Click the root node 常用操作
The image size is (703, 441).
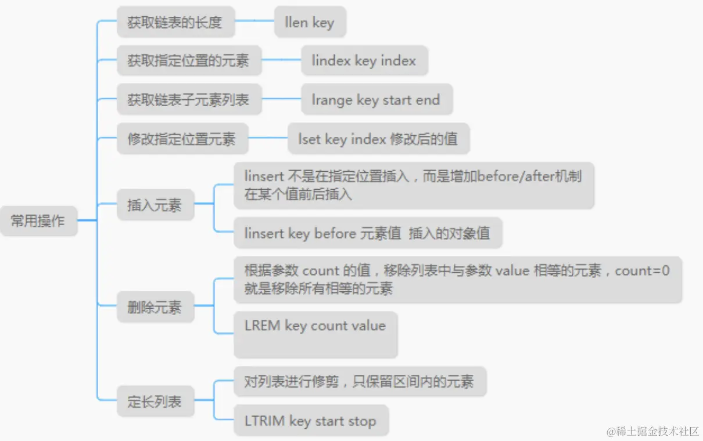click(x=38, y=221)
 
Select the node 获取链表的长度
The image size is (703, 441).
click(x=175, y=23)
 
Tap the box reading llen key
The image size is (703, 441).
click(x=310, y=23)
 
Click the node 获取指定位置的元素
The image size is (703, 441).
click(x=188, y=60)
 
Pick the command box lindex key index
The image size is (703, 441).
click(x=364, y=60)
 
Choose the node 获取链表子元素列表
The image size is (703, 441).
click(x=188, y=99)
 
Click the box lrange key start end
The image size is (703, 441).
click(x=376, y=99)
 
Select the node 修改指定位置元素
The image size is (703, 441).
click(x=182, y=139)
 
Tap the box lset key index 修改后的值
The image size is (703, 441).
click(x=378, y=139)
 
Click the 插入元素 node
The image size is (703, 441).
click(x=155, y=205)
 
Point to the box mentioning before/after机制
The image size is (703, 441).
click(x=413, y=185)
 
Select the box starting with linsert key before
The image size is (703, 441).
click(x=367, y=233)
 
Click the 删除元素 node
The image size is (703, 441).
click(x=155, y=307)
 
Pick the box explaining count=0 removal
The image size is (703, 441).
click(x=457, y=279)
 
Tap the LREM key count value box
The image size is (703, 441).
click(x=315, y=334)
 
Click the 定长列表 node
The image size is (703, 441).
click(x=155, y=401)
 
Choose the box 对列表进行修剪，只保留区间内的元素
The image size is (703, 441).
click(x=359, y=381)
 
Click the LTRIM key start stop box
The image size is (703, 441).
click(x=311, y=421)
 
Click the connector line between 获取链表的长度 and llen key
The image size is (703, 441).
click(x=254, y=21)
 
